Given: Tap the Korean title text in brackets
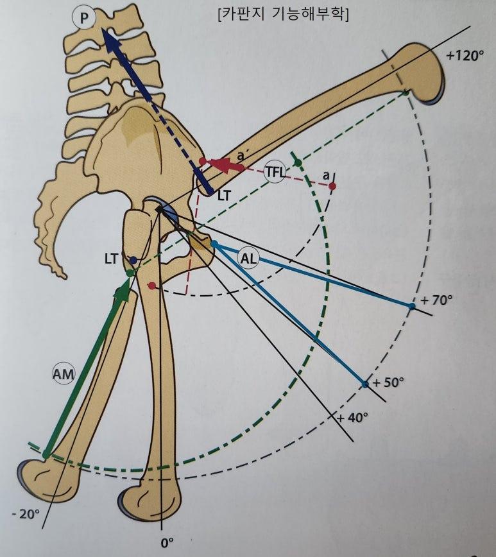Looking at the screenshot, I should tap(283, 14).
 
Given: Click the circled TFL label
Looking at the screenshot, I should tap(277, 171).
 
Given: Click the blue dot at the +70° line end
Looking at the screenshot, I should tap(411, 307).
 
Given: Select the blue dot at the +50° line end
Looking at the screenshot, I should tap(364, 384).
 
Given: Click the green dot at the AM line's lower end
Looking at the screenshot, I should tap(46, 454).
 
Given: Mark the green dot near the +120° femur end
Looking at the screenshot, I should tap(406, 94).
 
